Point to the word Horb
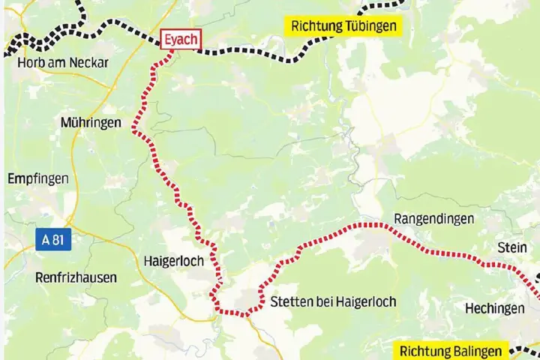pyautogui.click(x=30, y=61)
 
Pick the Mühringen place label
pyautogui.click(x=90, y=123)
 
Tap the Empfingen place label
pyautogui.click(x=37, y=178)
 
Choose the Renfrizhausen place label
pyautogui.click(x=76, y=277)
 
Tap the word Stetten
pyautogui.click(x=290, y=301)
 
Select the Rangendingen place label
pyautogui.click(x=433, y=219)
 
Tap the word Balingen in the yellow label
pyautogui.click(x=479, y=350)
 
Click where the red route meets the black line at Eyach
pyautogui.click(x=173, y=51)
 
